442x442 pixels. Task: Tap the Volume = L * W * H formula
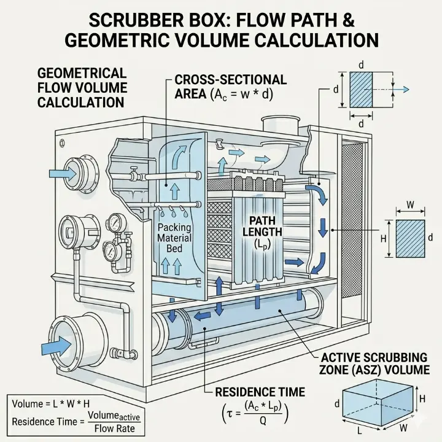47,405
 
